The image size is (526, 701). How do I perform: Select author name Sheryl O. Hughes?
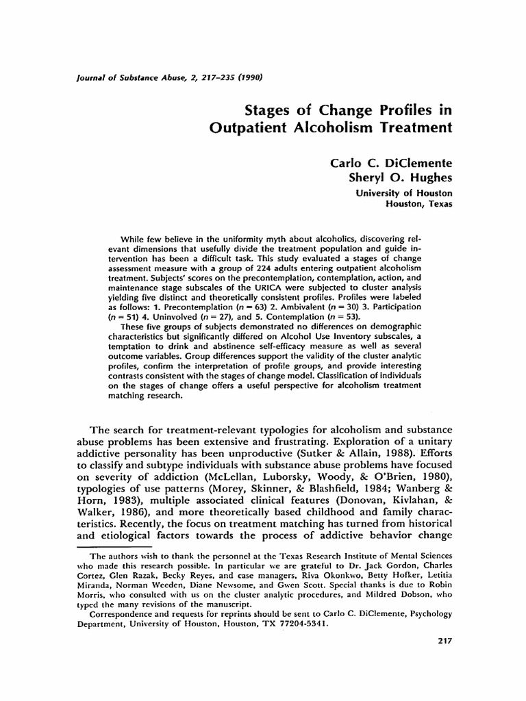[x=401, y=177]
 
